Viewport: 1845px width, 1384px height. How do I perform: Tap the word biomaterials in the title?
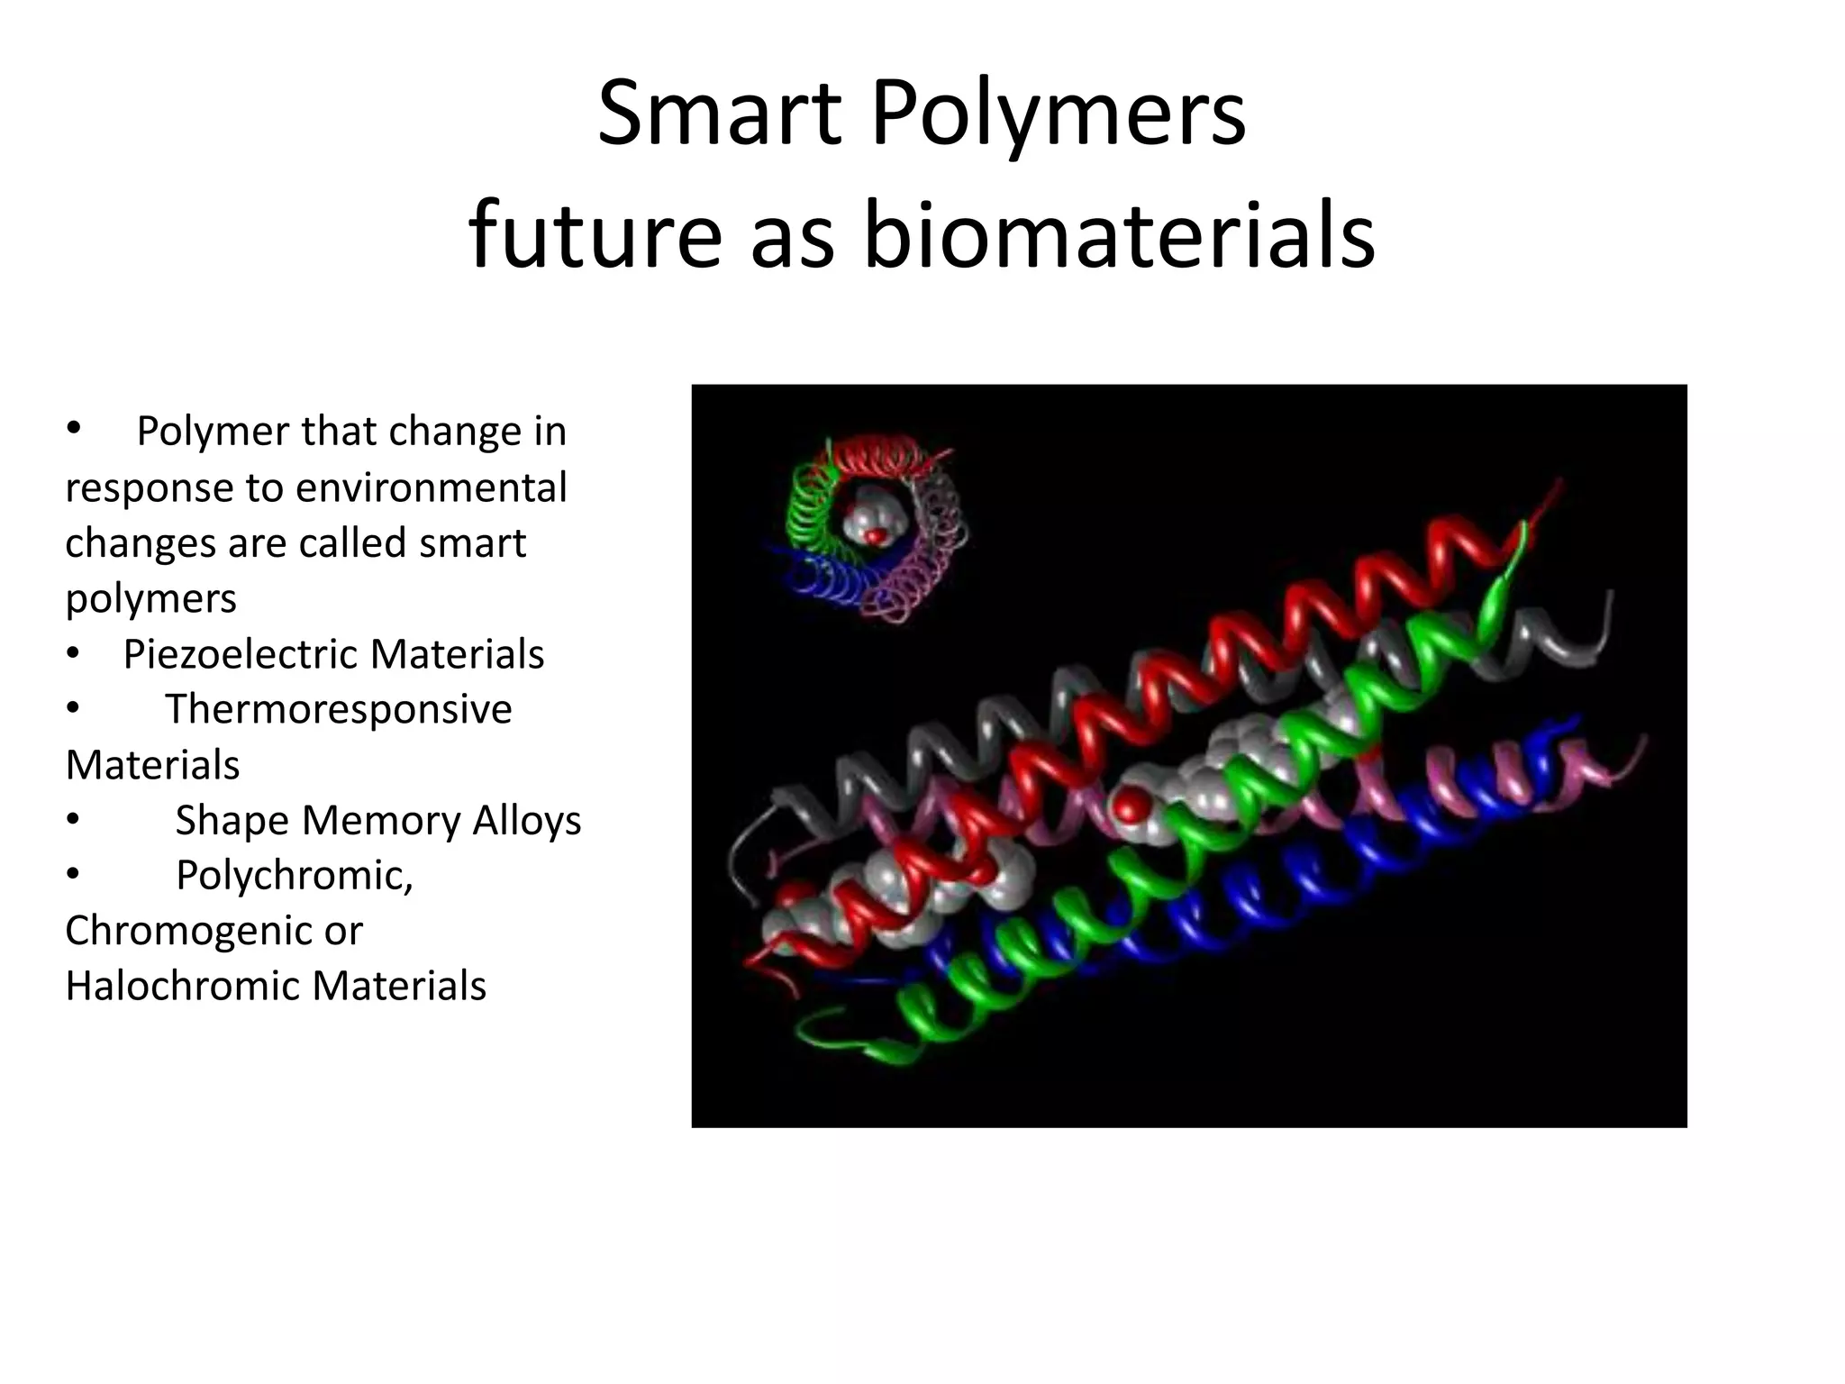click(x=1119, y=236)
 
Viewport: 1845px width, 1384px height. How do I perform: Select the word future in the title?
click(x=595, y=236)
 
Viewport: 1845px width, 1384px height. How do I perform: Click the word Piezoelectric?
click(x=244, y=654)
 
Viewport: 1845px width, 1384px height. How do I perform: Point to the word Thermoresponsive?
click(x=338, y=709)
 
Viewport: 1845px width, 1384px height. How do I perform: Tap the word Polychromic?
click(x=294, y=875)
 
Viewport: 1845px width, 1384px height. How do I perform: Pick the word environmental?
click(x=431, y=488)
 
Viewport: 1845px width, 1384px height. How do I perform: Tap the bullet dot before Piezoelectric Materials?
click(x=73, y=654)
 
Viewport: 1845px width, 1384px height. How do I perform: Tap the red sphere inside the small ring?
click(x=873, y=537)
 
